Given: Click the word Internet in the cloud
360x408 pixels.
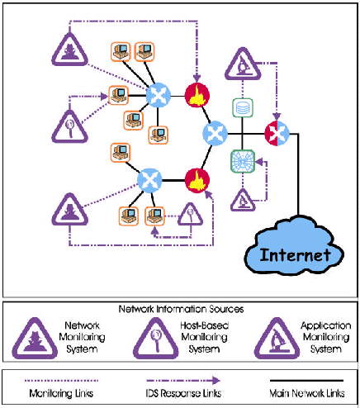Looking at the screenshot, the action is tap(295, 255).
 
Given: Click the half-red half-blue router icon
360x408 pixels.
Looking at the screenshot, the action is tap(277, 133).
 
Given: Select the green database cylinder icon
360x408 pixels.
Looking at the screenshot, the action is tap(243, 108).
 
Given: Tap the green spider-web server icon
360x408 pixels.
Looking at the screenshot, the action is tap(243, 161).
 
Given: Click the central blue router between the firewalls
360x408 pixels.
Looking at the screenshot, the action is tap(215, 133).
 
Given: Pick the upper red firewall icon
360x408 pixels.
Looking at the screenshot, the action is tap(197, 95).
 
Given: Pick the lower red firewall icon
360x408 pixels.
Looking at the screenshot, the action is tap(197, 180).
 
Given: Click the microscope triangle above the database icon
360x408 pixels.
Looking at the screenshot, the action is tap(243, 65).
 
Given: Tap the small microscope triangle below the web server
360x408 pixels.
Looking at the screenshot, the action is tap(243, 201).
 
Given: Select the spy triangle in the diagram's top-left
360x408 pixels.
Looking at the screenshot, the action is tap(70, 50).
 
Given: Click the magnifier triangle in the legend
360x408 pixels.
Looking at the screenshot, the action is tap(156, 339).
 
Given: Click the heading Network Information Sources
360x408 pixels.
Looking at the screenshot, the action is tap(181, 309).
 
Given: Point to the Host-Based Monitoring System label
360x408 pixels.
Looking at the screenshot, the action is tap(204, 337).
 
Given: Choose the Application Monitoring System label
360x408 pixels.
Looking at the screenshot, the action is tap(326, 337).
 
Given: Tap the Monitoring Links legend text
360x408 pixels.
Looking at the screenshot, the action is tap(61, 393).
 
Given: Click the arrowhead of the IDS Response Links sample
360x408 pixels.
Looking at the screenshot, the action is tap(216, 381).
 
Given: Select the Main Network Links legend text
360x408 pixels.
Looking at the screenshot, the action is tap(307, 393).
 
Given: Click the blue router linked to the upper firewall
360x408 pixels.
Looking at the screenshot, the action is tap(158, 95).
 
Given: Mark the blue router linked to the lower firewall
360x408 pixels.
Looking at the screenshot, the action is tap(149, 180).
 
